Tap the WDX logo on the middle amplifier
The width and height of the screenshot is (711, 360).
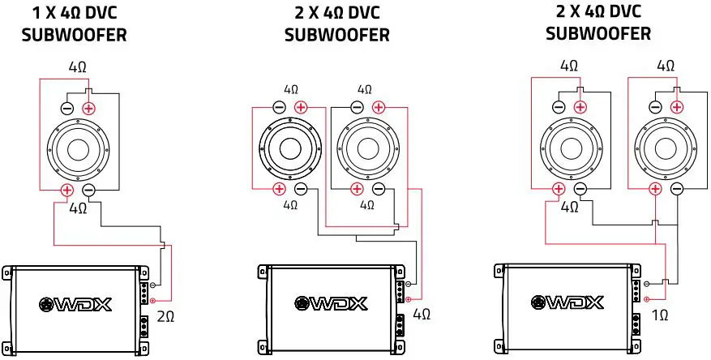[330, 304]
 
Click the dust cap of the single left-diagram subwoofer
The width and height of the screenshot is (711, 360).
[79, 149]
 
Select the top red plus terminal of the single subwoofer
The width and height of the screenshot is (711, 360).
[89, 108]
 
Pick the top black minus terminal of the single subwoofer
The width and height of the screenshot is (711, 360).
[67, 108]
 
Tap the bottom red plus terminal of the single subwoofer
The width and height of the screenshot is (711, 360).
[67, 191]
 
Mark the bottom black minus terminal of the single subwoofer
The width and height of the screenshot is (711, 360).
[89, 191]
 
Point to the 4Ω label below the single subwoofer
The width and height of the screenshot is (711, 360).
[78, 208]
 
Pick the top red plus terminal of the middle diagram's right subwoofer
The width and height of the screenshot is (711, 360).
[377, 107]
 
